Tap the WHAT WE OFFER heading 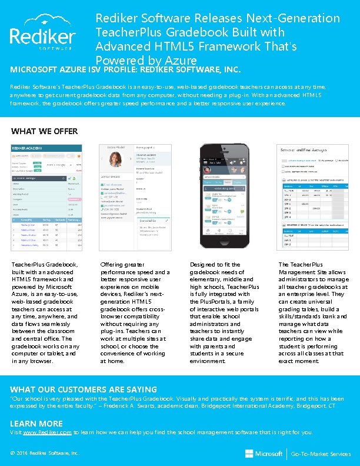[44, 131]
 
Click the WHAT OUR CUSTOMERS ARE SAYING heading [84, 389]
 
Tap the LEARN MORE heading [36, 423]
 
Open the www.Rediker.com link [46, 432]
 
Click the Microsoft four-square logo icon [249, 454]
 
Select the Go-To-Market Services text [321, 454]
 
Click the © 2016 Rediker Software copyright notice [45, 454]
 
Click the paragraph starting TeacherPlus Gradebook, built [45, 313]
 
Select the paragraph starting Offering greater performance [135, 313]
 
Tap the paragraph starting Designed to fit [224, 313]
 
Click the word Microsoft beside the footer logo [269, 454]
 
